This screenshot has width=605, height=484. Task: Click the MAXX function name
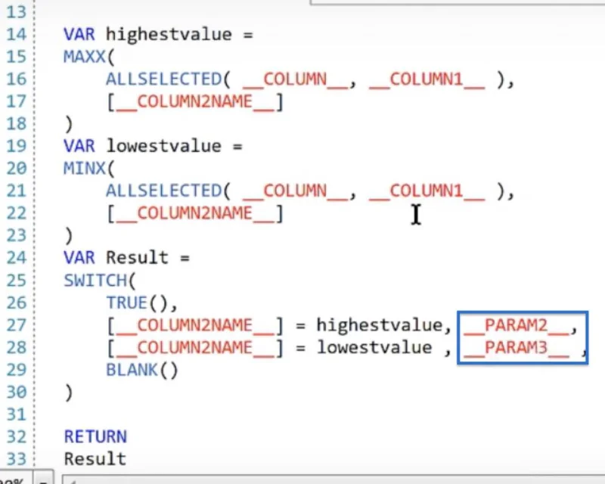(x=84, y=57)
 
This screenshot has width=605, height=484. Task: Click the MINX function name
(x=84, y=169)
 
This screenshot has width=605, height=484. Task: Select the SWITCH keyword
(x=95, y=281)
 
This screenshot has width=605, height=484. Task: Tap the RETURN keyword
(x=95, y=436)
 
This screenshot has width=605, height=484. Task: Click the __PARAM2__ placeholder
(x=517, y=326)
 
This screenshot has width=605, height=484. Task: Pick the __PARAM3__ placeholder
(x=517, y=348)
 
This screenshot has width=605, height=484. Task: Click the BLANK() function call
(x=142, y=370)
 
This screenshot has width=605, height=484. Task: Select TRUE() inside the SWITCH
(x=138, y=303)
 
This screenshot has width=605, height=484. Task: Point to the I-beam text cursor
(x=415, y=214)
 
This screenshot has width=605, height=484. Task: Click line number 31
(x=17, y=414)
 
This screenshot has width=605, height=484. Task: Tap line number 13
(x=17, y=12)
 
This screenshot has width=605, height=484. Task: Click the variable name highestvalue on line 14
(x=169, y=35)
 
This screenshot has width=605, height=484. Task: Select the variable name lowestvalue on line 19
(x=163, y=146)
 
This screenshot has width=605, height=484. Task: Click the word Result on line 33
(x=95, y=459)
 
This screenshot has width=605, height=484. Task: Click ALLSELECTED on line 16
(x=164, y=79)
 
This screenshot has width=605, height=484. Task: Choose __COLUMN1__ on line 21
(x=427, y=191)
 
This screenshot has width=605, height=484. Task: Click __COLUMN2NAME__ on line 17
(x=195, y=102)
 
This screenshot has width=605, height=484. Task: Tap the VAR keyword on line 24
(x=79, y=258)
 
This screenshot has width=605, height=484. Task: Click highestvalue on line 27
(x=380, y=326)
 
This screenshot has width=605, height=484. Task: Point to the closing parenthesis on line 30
(x=69, y=393)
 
